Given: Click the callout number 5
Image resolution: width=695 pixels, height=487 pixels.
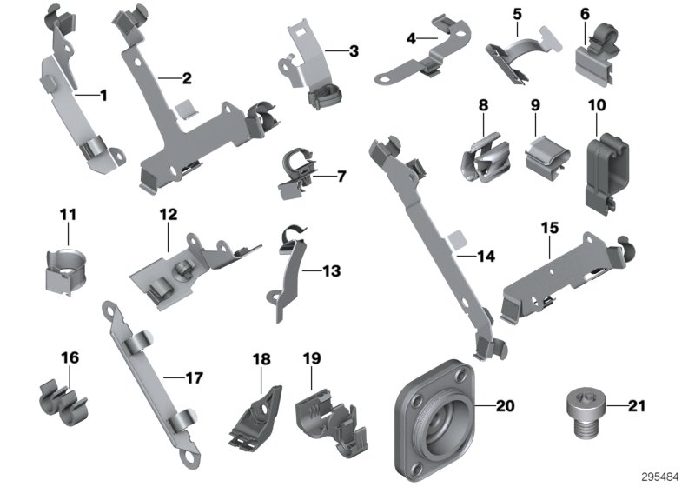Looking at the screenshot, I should pos(518,15).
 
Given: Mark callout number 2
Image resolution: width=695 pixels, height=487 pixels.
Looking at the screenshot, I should pos(186,78).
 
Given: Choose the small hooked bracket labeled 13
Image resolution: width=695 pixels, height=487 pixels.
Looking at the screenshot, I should pos(289,270).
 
